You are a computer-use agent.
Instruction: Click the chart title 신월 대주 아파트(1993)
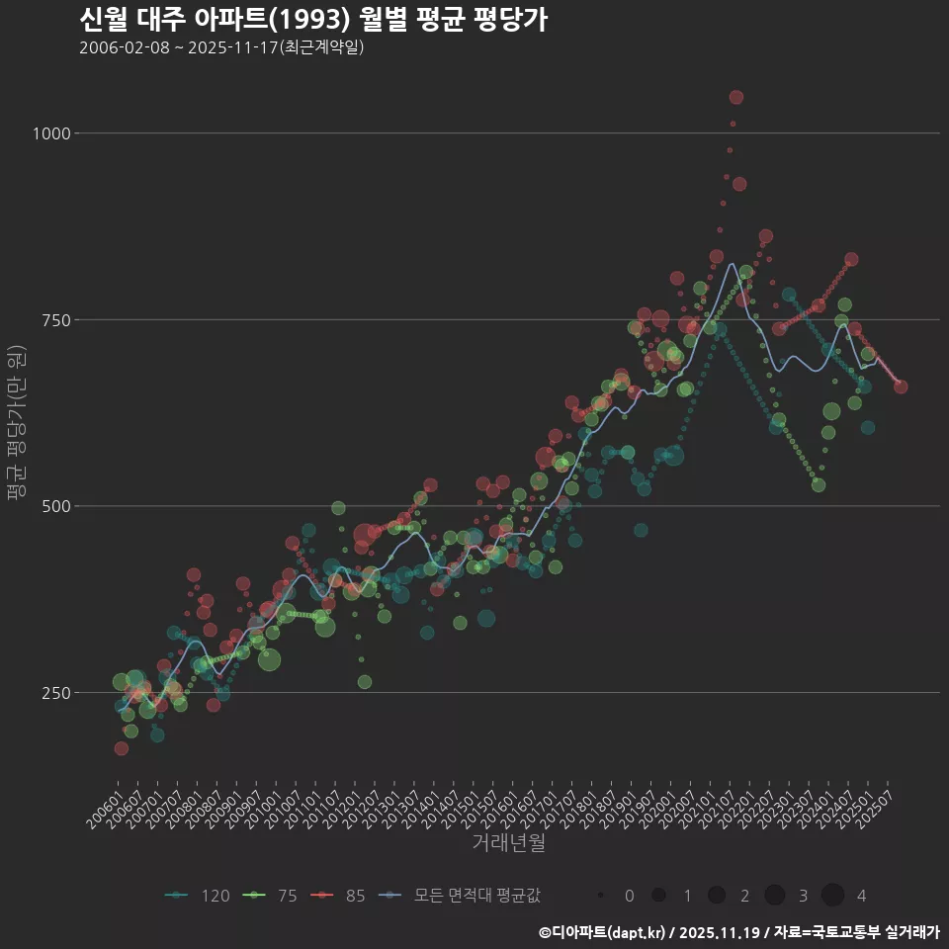tap(312, 20)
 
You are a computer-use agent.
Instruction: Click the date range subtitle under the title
tap(222, 47)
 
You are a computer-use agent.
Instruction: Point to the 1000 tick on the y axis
tap(51, 133)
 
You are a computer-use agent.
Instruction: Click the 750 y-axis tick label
tap(55, 320)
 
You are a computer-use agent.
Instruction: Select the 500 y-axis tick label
tap(55, 506)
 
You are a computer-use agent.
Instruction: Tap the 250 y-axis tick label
tap(55, 693)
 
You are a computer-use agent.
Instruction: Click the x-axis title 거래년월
tap(508, 843)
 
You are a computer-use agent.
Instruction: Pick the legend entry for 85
tap(341, 896)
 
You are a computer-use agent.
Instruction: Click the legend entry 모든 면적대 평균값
tap(460, 896)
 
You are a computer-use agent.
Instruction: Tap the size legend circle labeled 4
tap(832, 896)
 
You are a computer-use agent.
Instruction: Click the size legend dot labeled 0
tap(601, 896)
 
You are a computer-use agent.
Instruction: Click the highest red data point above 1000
tap(735, 97)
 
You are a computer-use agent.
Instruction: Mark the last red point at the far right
tap(901, 387)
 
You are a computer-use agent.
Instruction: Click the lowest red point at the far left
tap(121, 748)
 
